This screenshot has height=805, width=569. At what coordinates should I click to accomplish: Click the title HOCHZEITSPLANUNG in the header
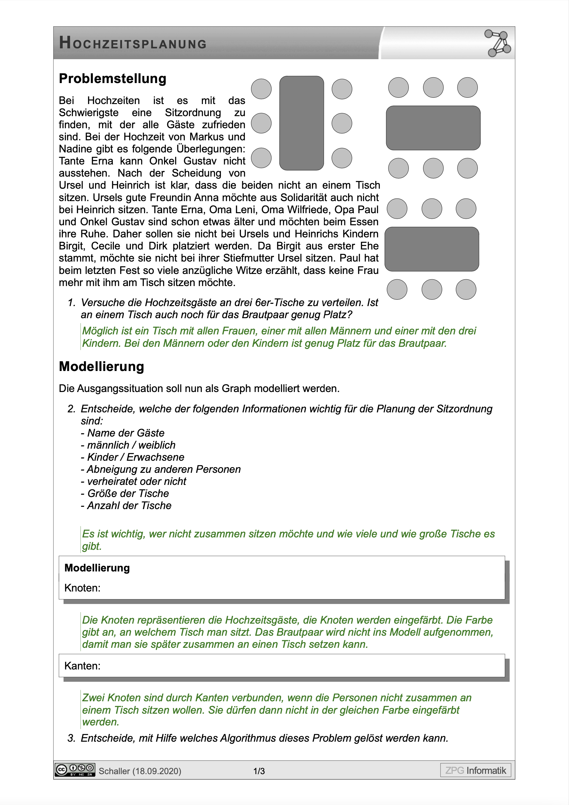coord(133,43)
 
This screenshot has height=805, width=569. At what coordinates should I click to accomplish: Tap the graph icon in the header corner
coord(498,44)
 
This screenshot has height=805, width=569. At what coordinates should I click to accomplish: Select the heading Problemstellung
coord(113,79)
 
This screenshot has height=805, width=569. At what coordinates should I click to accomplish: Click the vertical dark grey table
coord(301,123)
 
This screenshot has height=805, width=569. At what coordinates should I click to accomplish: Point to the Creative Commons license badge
coord(75,770)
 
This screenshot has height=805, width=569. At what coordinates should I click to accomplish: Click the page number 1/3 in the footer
coord(259,771)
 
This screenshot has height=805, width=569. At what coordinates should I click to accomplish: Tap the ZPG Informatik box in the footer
coord(476,770)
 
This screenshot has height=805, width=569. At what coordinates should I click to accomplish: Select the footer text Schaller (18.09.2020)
coord(140,771)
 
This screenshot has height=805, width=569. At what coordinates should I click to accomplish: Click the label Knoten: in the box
coord(82,588)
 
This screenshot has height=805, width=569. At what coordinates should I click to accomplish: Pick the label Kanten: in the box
coord(82,666)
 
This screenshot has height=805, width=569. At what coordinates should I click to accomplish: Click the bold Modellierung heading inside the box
coord(97,568)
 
